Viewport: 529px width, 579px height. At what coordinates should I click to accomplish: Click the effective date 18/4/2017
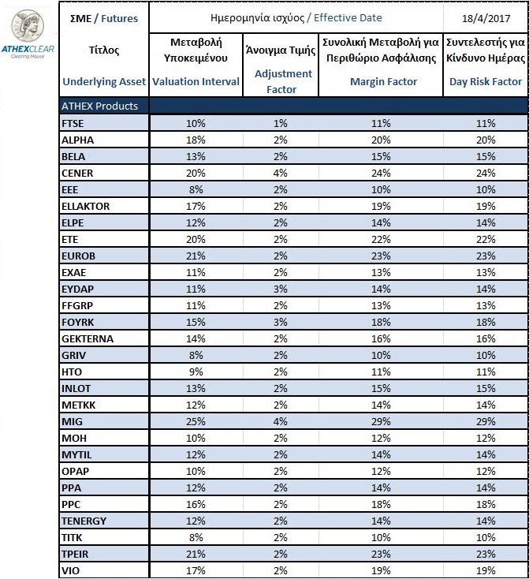[x=485, y=18]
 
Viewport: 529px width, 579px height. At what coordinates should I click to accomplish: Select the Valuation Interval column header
[x=196, y=81]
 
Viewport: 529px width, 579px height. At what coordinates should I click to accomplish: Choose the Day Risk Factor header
[x=485, y=81]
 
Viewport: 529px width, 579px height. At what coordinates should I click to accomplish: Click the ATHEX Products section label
[x=99, y=106]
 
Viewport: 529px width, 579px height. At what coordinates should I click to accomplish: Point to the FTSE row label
[x=73, y=123]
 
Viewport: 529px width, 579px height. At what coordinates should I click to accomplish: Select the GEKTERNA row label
[x=87, y=338]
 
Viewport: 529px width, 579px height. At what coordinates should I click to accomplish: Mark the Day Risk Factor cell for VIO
[x=486, y=571]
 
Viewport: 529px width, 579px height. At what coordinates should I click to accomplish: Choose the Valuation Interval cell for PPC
[x=196, y=505]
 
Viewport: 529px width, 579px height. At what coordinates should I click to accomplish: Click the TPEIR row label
[x=75, y=555]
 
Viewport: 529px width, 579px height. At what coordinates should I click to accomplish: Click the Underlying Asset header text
[x=102, y=81]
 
